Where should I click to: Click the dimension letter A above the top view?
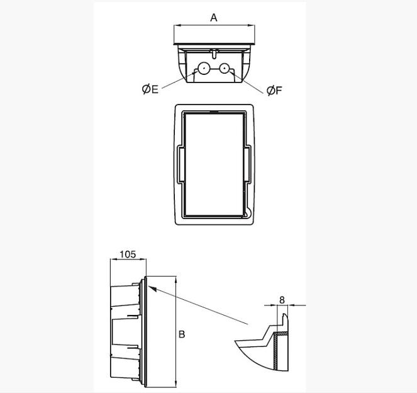click(214, 18)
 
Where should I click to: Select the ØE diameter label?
click(150, 89)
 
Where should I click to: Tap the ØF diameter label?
click(274, 91)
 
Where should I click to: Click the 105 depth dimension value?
click(128, 254)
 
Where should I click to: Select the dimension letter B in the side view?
click(182, 334)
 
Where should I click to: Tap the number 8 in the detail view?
click(282, 300)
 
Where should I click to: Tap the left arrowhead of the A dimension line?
click(177, 26)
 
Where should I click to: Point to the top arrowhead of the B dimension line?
click(176, 279)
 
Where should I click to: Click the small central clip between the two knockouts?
click(214, 52)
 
